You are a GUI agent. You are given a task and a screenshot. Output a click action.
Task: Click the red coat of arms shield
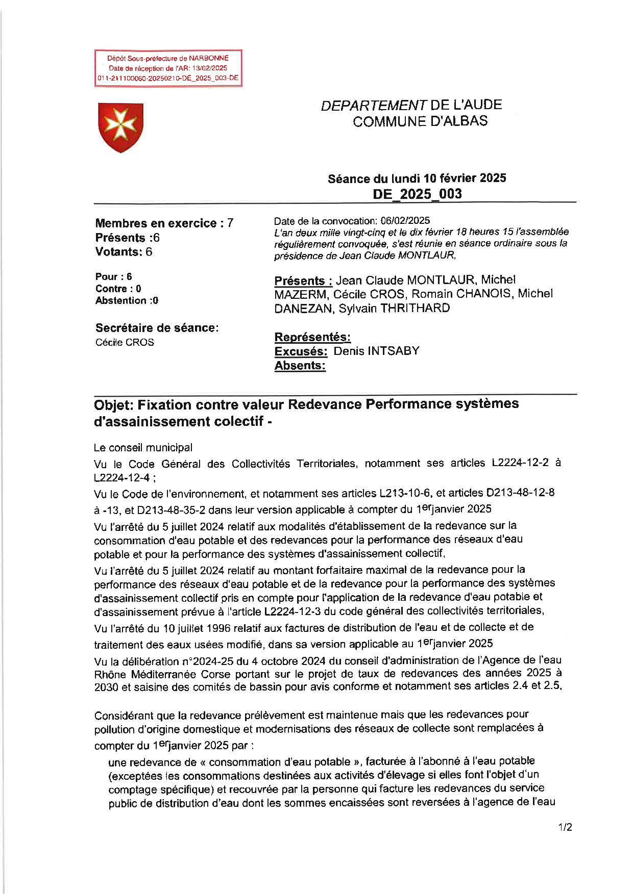(120, 127)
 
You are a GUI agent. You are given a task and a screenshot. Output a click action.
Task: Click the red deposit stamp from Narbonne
(168, 68)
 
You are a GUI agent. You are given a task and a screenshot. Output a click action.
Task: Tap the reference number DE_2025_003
(417, 194)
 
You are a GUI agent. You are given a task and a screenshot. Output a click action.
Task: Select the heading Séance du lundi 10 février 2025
(417, 178)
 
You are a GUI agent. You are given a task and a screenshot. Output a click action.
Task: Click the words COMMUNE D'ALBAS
(420, 121)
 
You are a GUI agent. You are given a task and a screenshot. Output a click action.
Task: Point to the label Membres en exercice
(156, 223)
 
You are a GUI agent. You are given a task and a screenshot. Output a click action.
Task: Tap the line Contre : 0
(118, 289)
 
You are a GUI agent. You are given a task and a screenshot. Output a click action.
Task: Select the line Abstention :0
(127, 301)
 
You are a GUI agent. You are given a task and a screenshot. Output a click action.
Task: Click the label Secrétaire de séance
(157, 328)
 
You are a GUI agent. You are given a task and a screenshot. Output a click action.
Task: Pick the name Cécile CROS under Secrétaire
(125, 343)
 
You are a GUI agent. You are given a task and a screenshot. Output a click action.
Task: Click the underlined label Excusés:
(301, 351)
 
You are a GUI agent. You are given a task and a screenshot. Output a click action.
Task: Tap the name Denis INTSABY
(376, 351)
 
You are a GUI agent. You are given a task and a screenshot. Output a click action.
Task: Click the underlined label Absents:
(300, 366)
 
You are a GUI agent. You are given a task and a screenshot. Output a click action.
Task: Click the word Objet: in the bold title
(113, 405)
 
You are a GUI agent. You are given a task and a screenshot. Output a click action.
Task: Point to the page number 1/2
(565, 827)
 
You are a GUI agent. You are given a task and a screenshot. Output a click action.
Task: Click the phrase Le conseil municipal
(143, 448)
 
